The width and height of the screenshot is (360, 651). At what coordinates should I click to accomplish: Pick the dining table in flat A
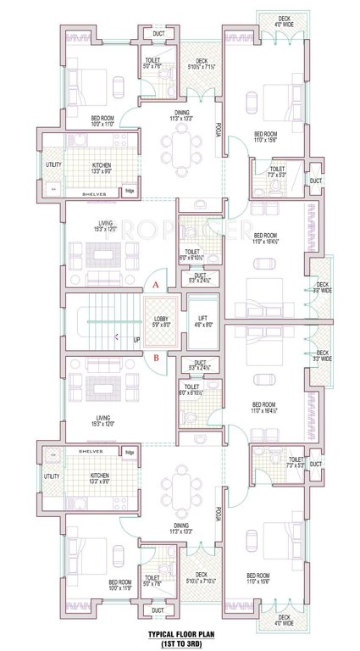coord(180,149)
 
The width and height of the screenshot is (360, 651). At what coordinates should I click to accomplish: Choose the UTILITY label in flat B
coord(52,477)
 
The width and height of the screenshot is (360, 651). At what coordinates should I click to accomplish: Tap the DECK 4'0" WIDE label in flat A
coord(284,22)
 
